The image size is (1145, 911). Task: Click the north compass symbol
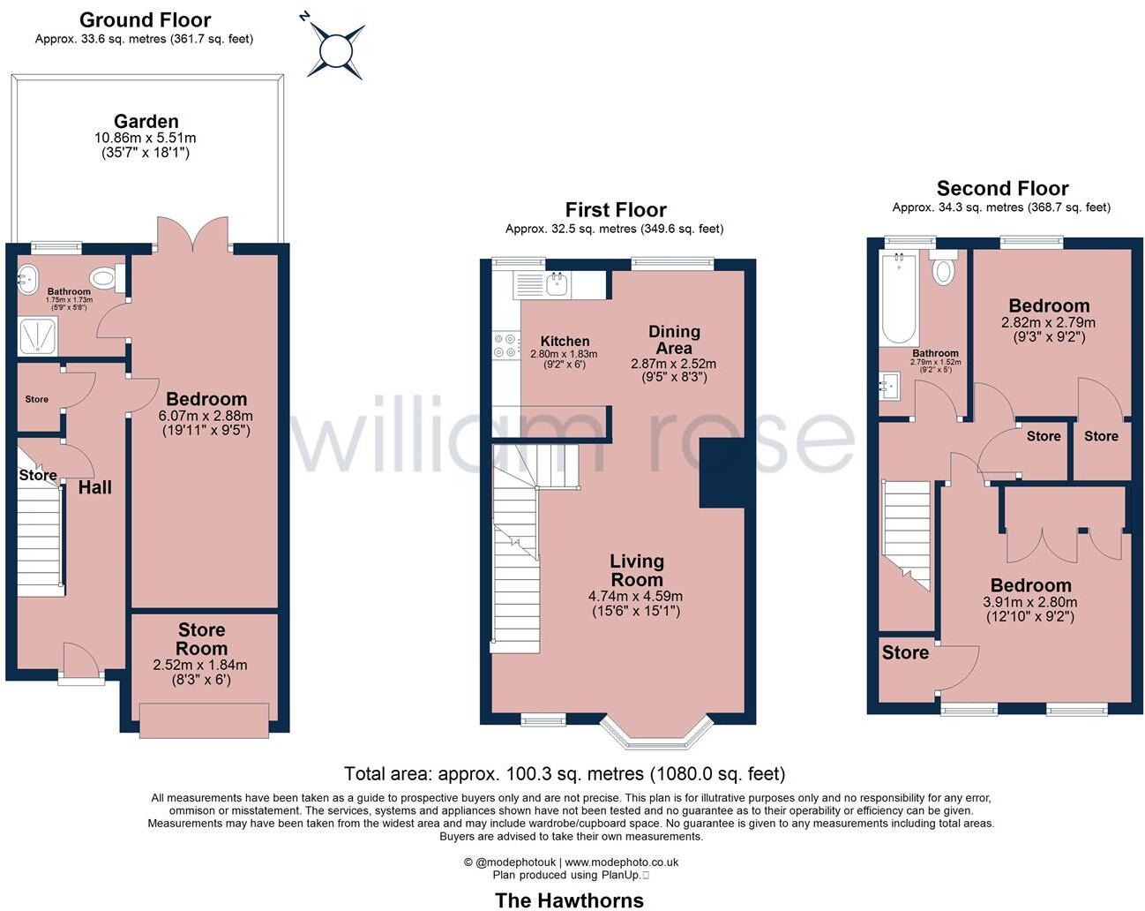pos(336,49)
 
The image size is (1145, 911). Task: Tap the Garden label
pos(146,122)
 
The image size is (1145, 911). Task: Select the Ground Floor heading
pos(145,19)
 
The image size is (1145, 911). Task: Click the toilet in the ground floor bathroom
pos(104,279)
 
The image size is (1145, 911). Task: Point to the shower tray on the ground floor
pos(38,335)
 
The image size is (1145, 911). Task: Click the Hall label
pos(95,487)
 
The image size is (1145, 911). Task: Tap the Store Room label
pos(202,639)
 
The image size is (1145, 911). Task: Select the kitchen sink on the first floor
pos(557,283)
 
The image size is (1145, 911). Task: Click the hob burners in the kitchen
pos(506,345)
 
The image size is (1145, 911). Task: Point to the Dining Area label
pos(674,340)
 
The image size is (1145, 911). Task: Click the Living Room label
pos(636,570)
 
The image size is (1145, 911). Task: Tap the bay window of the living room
pos(656,733)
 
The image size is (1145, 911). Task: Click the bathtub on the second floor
pos(898,298)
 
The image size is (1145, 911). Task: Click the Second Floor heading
pos(1002,188)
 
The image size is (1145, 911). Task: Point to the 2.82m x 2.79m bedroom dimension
pos(1048,322)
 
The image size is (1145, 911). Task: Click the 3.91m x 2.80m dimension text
pos(1030,603)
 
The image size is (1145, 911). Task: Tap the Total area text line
pos(564,774)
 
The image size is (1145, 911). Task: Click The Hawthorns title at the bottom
pos(569,900)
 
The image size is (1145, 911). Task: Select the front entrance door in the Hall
pos(78,659)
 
